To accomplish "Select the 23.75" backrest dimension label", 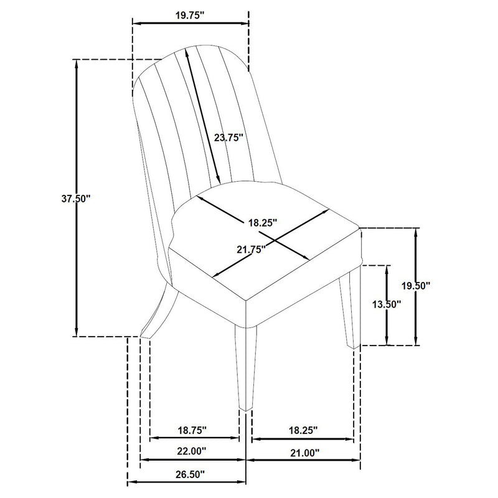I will pos(229,138).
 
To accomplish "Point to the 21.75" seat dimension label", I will pos(250,249).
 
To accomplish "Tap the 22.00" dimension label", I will pos(192,451).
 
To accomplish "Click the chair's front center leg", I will pos(245,367).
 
